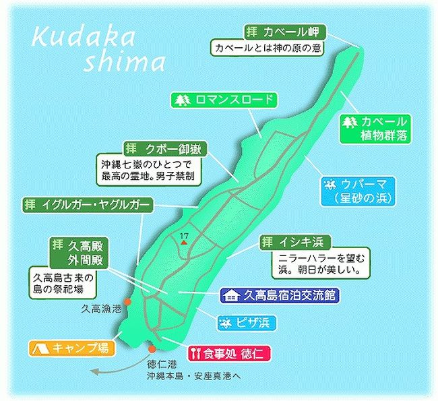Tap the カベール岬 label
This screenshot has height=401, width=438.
[285, 32]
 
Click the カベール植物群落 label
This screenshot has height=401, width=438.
[374, 128]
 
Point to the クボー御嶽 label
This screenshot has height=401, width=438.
[164, 148]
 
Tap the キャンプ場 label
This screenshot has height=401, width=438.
[71, 348]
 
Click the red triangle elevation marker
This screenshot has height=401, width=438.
[183, 241]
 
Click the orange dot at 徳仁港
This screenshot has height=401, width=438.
[153, 348]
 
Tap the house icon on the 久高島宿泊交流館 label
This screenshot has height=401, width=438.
[232, 295]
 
